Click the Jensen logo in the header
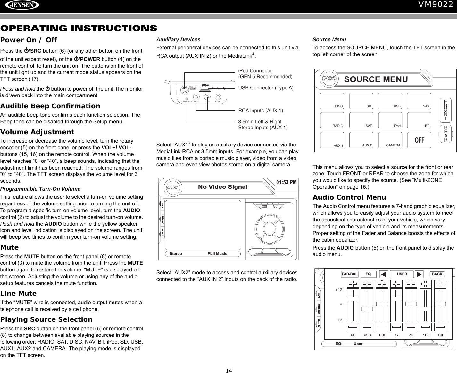(x=20, y=5)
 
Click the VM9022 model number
(x=437, y=5)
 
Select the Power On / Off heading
(x=29, y=40)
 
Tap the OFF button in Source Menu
(x=419, y=140)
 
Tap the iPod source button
(x=390, y=120)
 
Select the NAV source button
(x=419, y=101)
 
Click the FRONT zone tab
(x=445, y=111)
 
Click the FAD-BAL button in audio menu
(x=350, y=274)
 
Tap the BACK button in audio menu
(x=437, y=274)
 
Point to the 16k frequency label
(x=441, y=335)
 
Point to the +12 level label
(x=339, y=290)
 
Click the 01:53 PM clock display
(x=286, y=183)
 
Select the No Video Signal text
(x=223, y=187)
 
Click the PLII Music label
(x=217, y=254)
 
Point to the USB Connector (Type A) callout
(x=266, y=88)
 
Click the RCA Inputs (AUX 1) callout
(x=261, y=111)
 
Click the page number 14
(x=228, y=371)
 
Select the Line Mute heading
(x=19, y=294)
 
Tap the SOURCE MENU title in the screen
(x=376, y=79)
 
